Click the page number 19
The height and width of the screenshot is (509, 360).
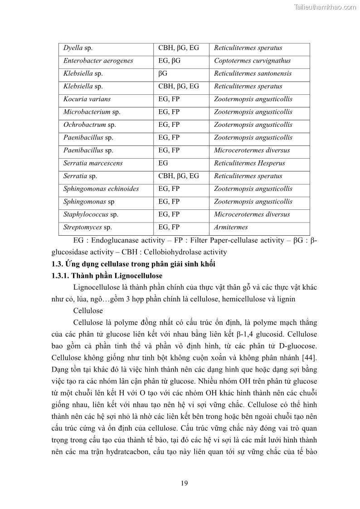click(184, 483)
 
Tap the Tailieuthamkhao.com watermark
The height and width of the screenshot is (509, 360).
click(325, 7)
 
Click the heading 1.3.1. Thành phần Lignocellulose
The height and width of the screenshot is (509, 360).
click(106, 276)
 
